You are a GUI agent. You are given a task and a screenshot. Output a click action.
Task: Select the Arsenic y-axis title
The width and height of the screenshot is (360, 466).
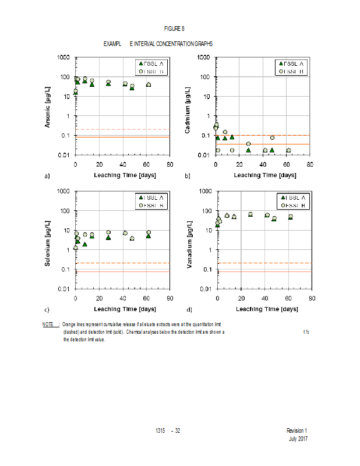pyautogui.click(x=49, y=105)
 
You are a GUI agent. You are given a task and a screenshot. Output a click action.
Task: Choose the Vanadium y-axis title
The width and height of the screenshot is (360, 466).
pyautogui.click(x=190, y=241)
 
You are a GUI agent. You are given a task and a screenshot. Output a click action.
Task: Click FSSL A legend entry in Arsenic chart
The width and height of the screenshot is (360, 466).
pyautogui.click(x=150, y=63)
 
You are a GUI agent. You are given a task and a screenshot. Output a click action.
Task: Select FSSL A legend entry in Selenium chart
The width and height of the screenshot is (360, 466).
pyautogui.click(x=150, y=197)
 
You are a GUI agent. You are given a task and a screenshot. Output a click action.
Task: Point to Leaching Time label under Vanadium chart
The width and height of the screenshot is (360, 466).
pyautogui.click(x=264, y=309)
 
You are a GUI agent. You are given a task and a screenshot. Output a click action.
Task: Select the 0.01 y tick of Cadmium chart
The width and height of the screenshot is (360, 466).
pyautogui.click(x=204, y=155)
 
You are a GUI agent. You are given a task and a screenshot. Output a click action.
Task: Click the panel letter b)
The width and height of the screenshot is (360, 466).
pyautogui.click(x=188, y=175)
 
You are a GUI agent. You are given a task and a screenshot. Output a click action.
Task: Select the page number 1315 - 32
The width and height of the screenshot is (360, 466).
pyautogui.click(x=168, y=430)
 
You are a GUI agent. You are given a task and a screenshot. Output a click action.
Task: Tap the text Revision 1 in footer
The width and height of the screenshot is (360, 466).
pyautogui.click(x=297, y=430)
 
